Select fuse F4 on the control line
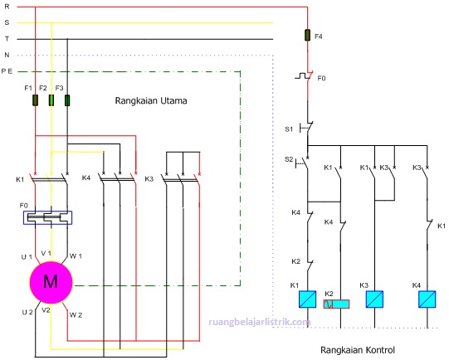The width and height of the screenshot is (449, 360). (309, 36)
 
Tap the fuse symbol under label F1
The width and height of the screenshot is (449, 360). (35, 100)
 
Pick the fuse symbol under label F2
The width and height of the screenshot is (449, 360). (51, 100)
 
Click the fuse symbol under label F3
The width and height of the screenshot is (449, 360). (66, 100)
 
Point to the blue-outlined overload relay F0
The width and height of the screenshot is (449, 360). (48, 217)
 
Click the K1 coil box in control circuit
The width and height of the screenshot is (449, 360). (309, 299)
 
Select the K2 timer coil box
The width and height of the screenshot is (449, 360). (336, 302)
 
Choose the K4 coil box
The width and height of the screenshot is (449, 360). (427, 299)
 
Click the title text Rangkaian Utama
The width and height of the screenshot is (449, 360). (151, 101)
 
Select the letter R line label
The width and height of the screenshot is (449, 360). (6, 7)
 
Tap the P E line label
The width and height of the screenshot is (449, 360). (7, 71)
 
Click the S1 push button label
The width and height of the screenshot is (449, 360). (289, 129)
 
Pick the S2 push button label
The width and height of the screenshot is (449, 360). (289, 158)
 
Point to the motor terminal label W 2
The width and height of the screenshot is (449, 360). (76, 314)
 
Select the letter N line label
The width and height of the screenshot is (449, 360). (6, 56)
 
